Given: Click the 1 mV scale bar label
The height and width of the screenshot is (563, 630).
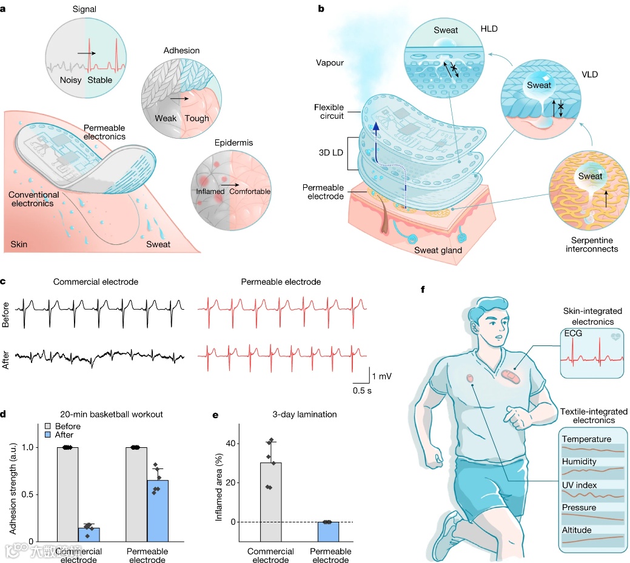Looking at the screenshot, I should tap(381, 377).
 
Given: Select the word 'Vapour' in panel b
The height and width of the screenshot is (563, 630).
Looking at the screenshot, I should tap(330, 62).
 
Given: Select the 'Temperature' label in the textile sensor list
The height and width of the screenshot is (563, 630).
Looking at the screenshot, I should tap(586, 439).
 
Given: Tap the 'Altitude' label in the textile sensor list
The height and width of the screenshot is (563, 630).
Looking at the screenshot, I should tap(578, 530).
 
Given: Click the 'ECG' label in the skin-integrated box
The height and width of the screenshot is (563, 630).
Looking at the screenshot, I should tap(572, 333).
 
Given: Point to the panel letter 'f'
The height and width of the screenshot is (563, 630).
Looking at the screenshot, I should tap(423, 289).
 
